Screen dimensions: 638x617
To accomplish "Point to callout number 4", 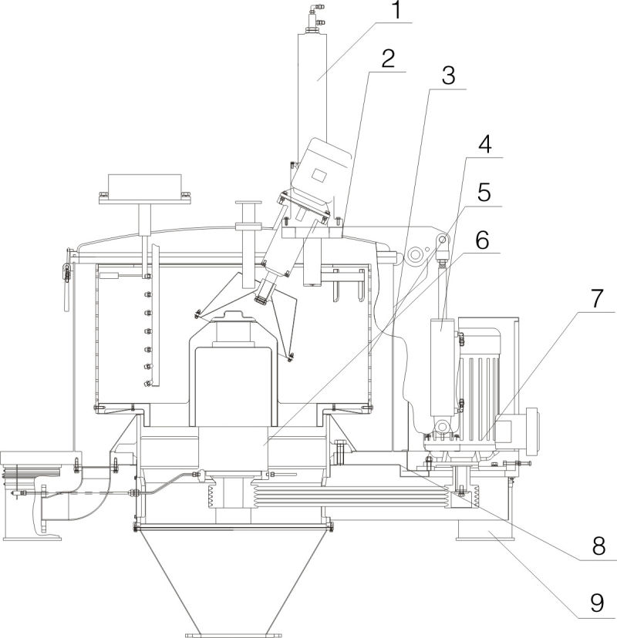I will [485, 145].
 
